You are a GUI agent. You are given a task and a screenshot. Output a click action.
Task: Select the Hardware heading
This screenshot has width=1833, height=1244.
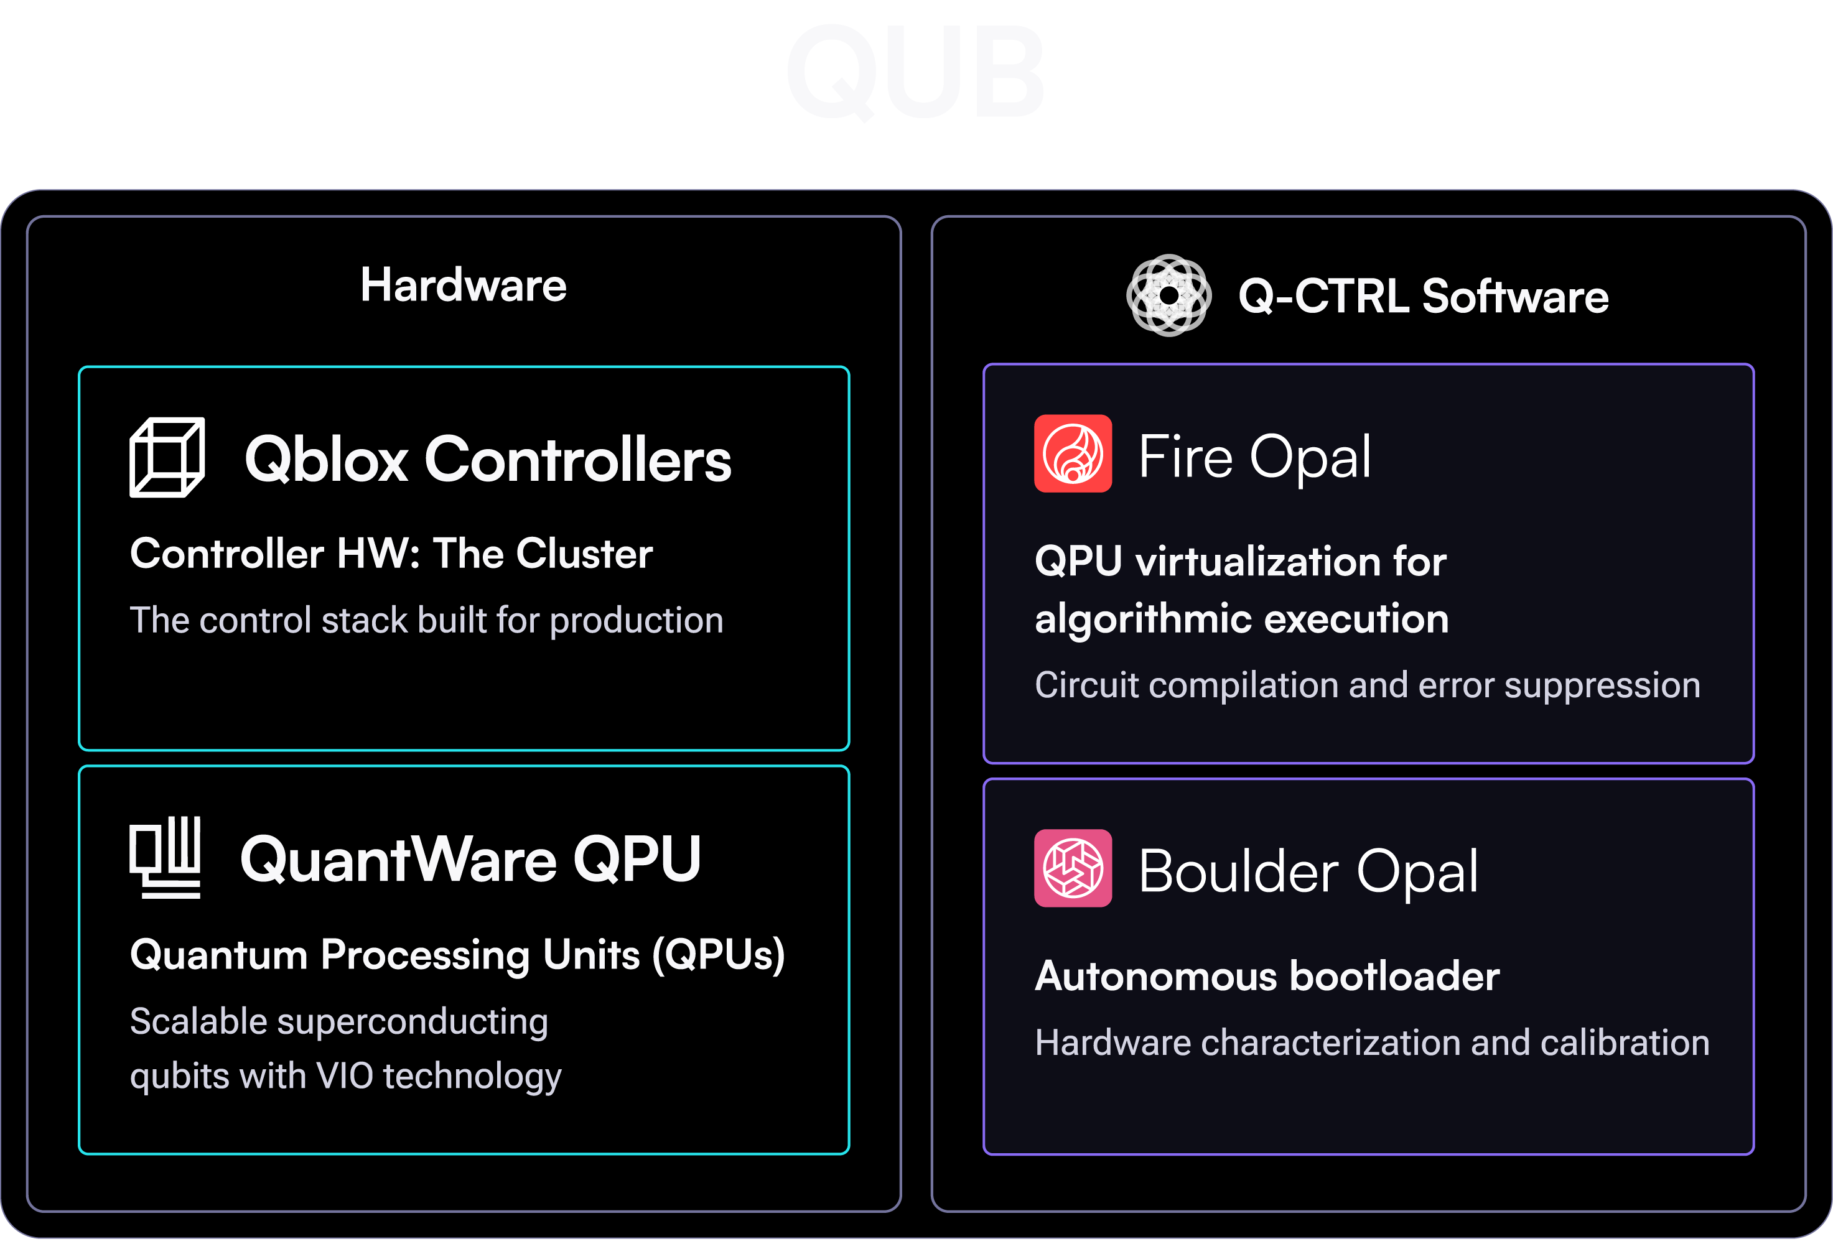tap(463, 285)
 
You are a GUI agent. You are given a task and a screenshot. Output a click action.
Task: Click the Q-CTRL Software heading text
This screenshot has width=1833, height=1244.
tap(1423, 297)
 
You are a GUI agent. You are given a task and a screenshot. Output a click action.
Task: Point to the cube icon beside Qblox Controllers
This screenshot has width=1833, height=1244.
tap(167, 458)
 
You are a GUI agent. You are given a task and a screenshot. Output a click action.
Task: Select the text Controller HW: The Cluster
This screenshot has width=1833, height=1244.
tap(391, 554)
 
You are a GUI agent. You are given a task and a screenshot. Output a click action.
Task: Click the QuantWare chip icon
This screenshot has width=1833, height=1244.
tap(166, 858)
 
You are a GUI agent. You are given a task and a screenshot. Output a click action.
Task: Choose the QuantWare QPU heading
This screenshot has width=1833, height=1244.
tap(470, 859)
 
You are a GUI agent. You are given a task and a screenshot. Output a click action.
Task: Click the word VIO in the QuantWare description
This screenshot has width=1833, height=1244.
tap(344, 1076)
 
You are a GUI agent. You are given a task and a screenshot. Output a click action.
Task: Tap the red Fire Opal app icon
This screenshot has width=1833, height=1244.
tap(1073, 454)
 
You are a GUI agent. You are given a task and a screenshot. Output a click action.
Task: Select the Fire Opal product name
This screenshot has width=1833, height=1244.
tap(1255, 457)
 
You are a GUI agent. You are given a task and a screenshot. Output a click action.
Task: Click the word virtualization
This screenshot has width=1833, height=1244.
tap(1257, 562)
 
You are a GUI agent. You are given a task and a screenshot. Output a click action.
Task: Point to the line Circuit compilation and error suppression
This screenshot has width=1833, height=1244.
tap(1367, 685)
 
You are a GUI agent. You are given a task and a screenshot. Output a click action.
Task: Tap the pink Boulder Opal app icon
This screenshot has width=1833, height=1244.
tap(1073, 868)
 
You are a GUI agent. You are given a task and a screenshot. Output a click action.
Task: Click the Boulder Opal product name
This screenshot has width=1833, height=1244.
tap(1308, 872)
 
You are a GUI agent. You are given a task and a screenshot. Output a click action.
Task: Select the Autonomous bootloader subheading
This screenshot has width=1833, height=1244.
tap(1267, 977)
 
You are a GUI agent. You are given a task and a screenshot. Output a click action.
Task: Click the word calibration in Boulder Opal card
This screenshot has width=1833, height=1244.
tap(1624, 1043)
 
